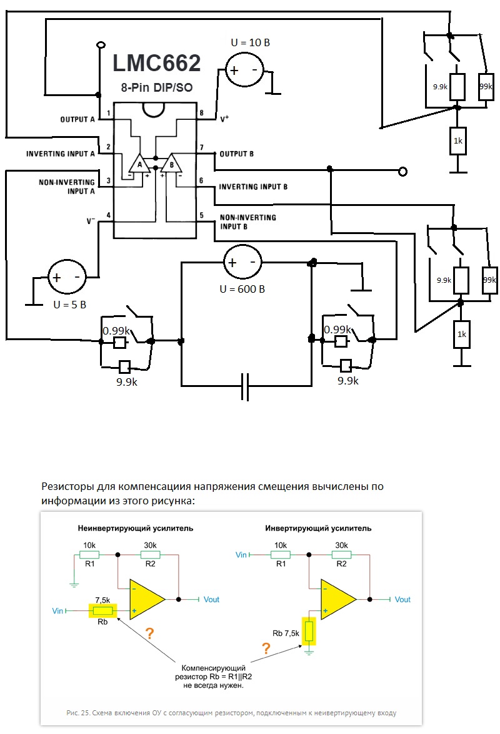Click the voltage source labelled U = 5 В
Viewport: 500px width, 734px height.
tap(66, 278)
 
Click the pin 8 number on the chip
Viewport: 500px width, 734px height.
tap(201, 113)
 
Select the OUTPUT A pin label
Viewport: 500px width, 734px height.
tap(77, 119)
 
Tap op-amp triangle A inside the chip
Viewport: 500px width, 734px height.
tap(140, 163)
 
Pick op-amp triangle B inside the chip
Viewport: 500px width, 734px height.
tap(170, 163)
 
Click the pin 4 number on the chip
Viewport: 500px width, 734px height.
tap(109, 215)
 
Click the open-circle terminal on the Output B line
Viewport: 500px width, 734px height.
tap(403, 171)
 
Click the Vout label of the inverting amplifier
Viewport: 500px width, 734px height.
tap(402, 599)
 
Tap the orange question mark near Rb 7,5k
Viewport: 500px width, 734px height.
tap(266, 648)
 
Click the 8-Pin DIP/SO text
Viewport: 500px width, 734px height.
tap(155, 88)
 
